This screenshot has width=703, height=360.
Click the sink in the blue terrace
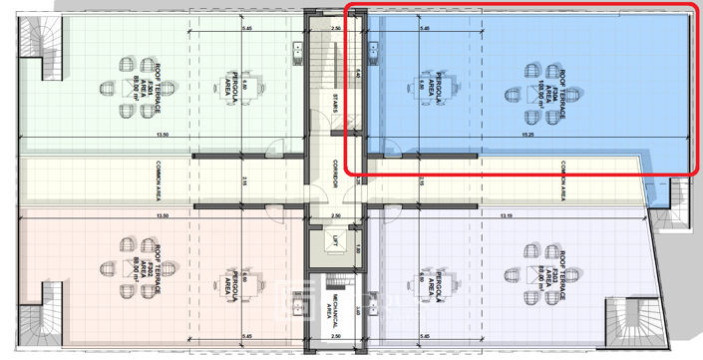pyautogui.click(x=371, y=48)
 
